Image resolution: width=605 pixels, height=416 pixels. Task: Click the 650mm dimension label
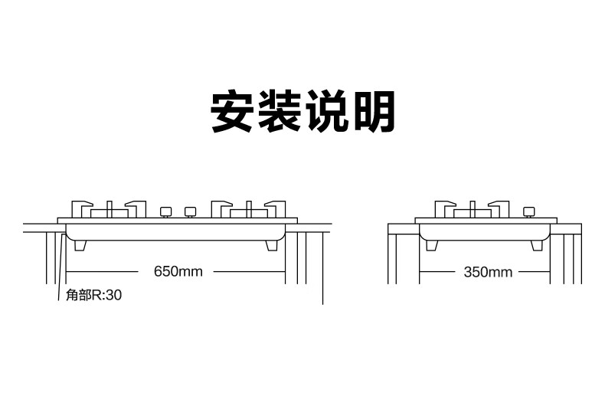coord(178,271)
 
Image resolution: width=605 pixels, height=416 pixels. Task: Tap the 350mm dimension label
coord(488,272)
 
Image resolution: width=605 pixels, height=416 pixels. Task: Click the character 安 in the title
coord(234,113)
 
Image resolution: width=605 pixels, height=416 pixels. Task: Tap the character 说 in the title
coord(327,113)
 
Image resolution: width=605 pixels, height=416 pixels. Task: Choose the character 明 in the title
coord(372,113)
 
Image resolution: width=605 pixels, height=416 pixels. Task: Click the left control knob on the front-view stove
coord(165,211)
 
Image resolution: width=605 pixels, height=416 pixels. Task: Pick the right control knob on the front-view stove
coord(189,211)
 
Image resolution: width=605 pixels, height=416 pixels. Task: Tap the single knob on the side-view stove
coord(528,211)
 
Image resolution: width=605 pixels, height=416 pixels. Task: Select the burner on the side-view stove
coord(473,209)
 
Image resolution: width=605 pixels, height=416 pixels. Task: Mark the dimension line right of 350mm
coord(535,272)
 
